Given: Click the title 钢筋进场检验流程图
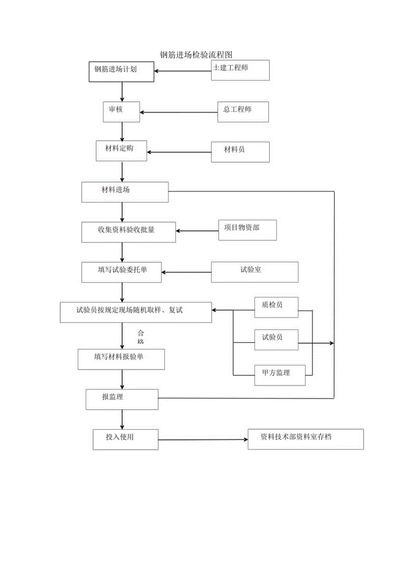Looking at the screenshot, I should click(x=195, y=55).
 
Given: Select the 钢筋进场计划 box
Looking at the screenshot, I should click(x=121, y=72).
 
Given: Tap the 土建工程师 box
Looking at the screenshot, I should click(x=240, y=70).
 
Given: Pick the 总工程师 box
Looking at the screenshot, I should click(x=243, y=112).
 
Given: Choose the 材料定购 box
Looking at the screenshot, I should click(x=121, y=151).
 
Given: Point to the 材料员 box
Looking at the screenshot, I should click(x=240, y=152).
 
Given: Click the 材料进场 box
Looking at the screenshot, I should click(x=125, y=192).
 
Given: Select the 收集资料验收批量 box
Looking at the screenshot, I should click(x=128, y=232).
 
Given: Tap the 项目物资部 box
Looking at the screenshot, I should click(x=247, y=230).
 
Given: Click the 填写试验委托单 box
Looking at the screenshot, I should click(x=121, y=272).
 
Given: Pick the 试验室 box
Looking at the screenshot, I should click(x=255, y=272).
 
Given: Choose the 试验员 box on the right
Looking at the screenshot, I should click(x=276, y=340).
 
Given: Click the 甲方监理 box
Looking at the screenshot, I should click(x=280, y=375).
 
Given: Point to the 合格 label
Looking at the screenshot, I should click(x=141, y=337).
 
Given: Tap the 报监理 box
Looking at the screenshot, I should click(x=122, y=399).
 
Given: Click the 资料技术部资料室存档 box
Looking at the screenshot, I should click(x=305, y=439).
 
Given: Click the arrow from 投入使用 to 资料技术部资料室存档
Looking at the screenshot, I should click(x=203, y=440).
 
